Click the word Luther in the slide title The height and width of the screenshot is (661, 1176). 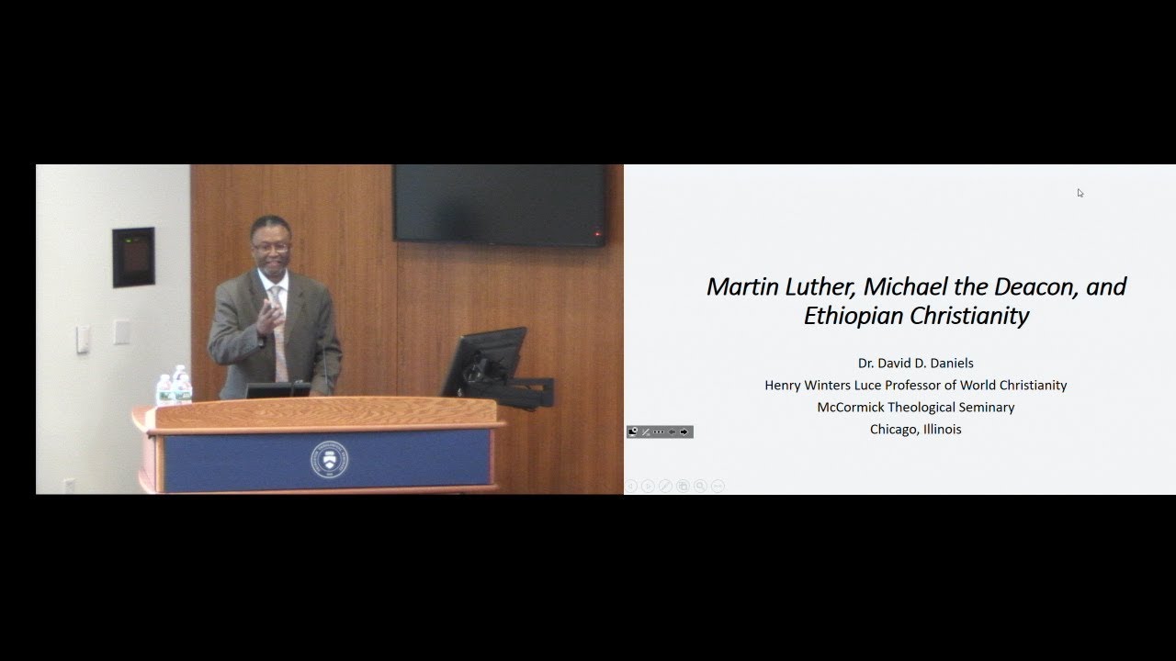pos(819,286)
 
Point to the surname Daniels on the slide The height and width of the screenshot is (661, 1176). pos(947,363)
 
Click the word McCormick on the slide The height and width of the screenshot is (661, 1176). pos(851,407)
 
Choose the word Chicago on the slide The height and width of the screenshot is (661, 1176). pos(894,429)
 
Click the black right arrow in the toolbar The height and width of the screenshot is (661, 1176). pos(684,431)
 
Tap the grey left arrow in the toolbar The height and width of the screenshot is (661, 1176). pos(672,431)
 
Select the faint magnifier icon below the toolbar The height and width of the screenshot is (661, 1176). pos(700,486)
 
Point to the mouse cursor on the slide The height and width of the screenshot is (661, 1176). pos(1080,193)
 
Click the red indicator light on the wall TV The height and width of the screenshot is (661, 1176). pos(597,234)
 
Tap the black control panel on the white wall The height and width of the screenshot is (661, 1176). pos(133,257)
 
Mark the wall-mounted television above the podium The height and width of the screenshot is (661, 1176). pos(500,205)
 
